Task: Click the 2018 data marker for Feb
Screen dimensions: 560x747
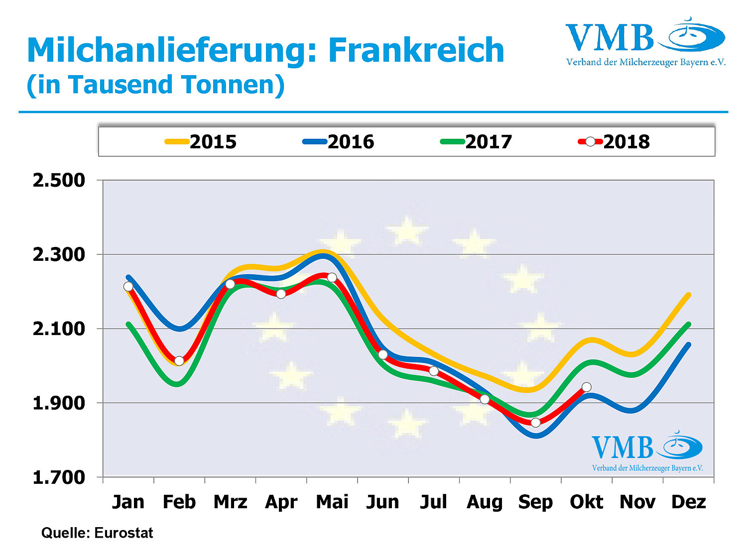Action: tap(179, 361)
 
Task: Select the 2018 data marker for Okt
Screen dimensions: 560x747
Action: tap(587, 387)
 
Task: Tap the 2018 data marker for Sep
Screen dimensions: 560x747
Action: tap(536, 423)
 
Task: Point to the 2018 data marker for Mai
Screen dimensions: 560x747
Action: tap(332, 277)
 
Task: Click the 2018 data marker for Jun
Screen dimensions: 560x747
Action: tap(383, 354)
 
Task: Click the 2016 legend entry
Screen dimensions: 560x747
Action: tap(339, 142)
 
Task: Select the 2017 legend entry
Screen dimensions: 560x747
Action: tap(477, 142)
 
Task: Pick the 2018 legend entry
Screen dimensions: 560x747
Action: tap(614, 142)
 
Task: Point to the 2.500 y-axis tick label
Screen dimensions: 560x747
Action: tap(59, 180)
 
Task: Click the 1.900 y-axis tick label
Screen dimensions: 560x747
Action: tap(59, 403)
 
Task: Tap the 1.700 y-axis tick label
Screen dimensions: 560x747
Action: tap(59, 477)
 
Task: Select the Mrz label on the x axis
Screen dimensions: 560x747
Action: tap(230, 502)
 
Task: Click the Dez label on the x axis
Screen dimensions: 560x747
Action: tap(688, 502)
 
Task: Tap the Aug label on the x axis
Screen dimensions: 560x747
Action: tap(485, 502)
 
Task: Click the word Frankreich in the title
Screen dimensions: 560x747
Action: tap(416, 50)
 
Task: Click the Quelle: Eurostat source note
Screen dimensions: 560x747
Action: tap(97, 533)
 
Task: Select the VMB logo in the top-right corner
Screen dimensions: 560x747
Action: tap(645, 42)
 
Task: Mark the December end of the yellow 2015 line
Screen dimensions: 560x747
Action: tap(689, 295)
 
